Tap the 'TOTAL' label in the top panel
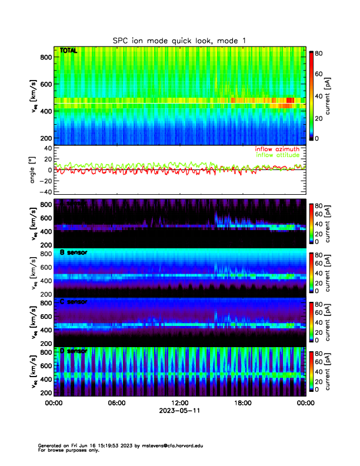pyautogui.click(x=68, y=51)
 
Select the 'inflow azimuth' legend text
pyautogui.click(x=277, y=149)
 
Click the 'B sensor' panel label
pyautogui.click(x=74, y=252)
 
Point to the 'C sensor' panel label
pyautogui.click(x=74, y=302)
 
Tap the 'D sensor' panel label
pyautogui.click(x=74, y=351)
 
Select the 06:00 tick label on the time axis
pyautogui.click(x=116, y=404)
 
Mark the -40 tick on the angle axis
pyautogui.click(x=44, y=192)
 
